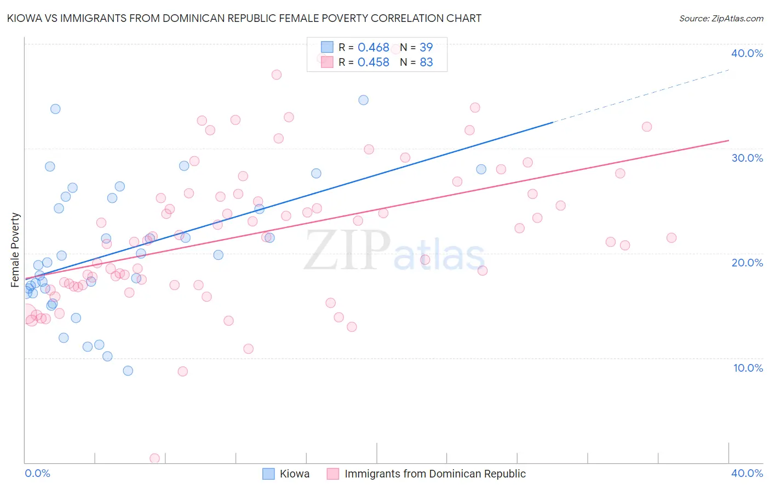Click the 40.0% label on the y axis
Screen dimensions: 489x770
point(746,53)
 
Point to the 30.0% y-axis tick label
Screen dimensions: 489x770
point(746,158)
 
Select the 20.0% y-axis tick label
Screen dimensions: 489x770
point(746,263)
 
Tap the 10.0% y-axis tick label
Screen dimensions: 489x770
point(748,368)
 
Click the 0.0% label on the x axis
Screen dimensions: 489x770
point(37,473)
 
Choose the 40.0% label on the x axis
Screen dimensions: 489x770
point(746,473)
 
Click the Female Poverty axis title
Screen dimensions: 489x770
point(15,250)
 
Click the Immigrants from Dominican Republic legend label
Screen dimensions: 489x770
point(435,474)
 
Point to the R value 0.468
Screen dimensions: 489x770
point(373,48)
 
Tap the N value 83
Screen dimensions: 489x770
point(426,62)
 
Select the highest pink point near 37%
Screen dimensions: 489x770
point(277,75)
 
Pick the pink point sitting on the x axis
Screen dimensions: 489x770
point(154,458)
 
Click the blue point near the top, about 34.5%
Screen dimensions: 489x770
point(363,100)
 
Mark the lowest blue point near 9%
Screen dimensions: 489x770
point(128,371)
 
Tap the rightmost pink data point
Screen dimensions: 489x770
point(671,237)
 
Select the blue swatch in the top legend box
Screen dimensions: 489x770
point(327,47)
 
